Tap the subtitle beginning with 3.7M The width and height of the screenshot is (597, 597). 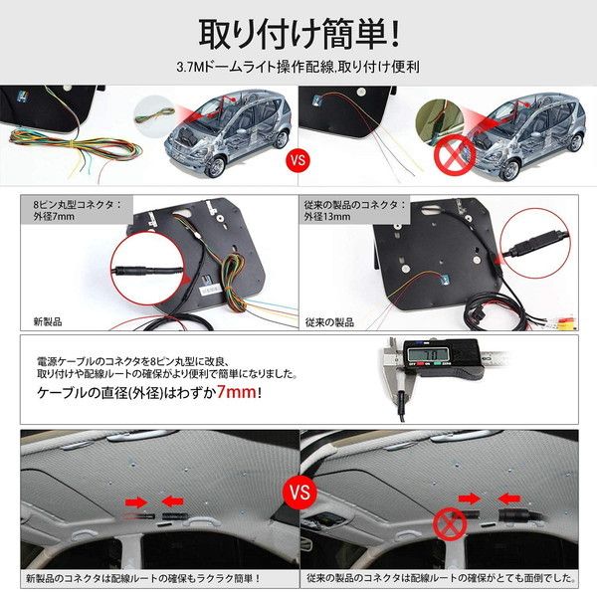[298, 72]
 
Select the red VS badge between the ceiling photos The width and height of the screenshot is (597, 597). [298, 490]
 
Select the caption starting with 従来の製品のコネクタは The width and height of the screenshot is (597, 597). [437, 577]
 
